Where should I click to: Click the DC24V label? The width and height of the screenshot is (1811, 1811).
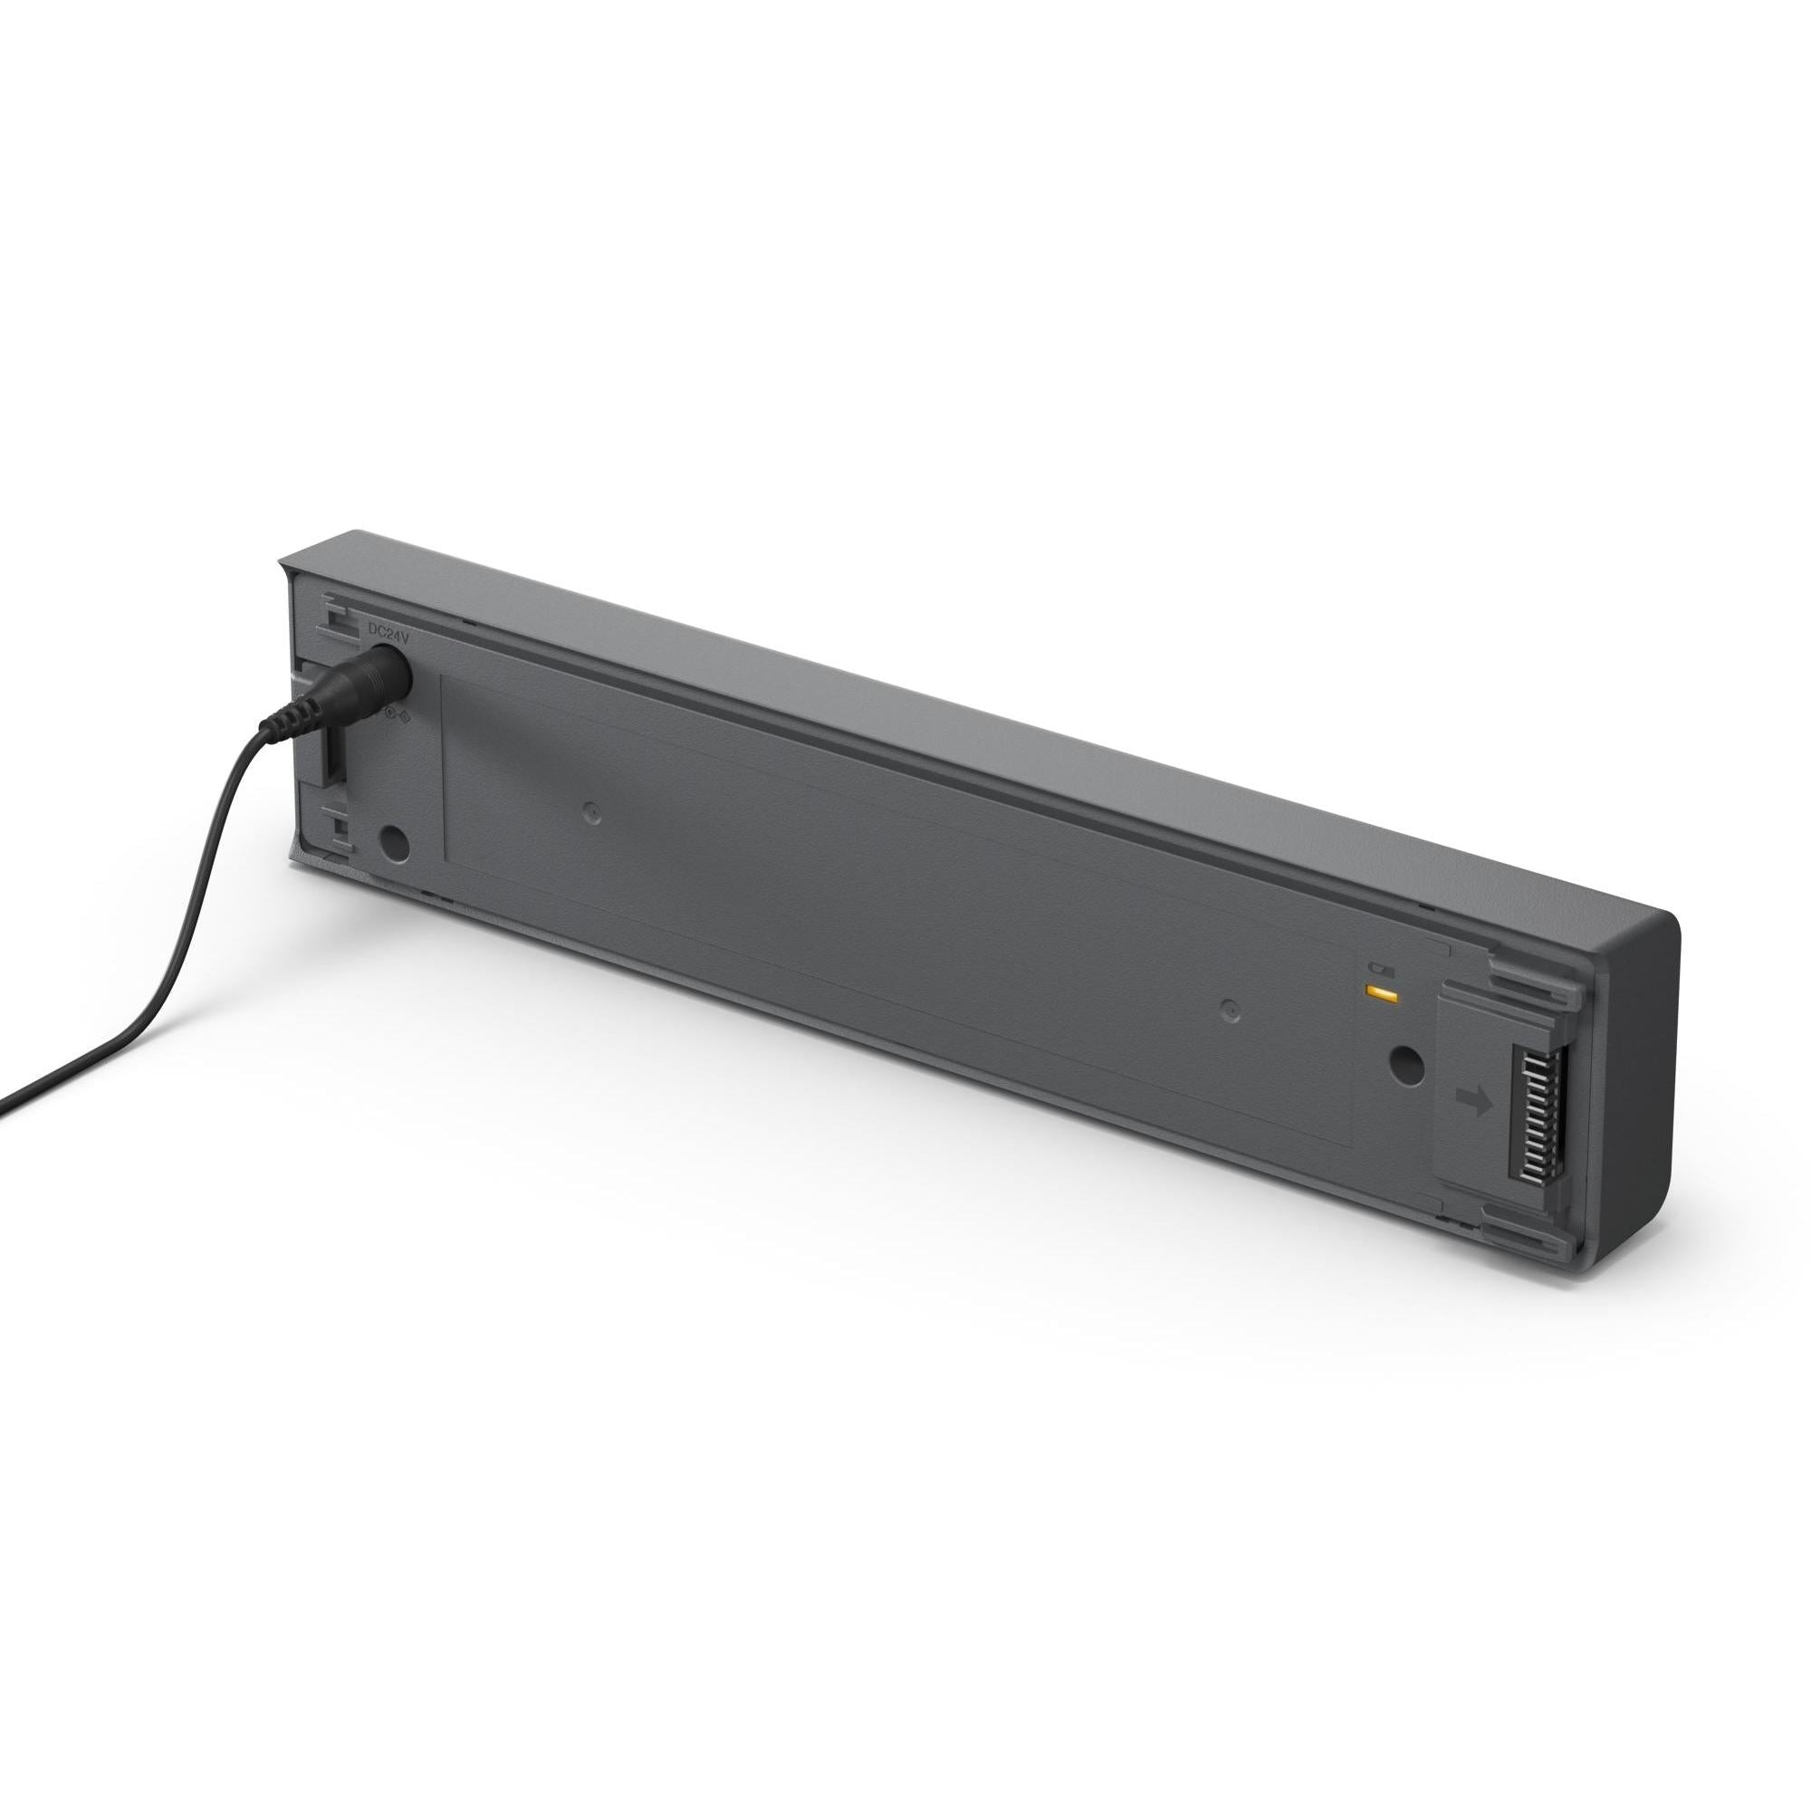tap(389, 635)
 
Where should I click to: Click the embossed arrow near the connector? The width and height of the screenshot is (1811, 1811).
tap(1475, 1102)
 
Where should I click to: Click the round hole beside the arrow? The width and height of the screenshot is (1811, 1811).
tap(1405, 1067)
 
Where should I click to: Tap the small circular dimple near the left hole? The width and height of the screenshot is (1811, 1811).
tap(589, 813)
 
